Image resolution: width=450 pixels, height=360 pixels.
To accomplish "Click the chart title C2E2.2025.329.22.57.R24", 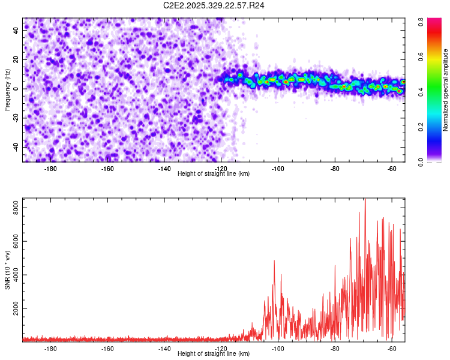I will (x=214, y=5).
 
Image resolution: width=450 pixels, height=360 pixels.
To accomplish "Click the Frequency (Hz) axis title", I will (x=7, y=89).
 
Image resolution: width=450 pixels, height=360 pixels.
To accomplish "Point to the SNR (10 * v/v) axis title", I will (x=7, y=269).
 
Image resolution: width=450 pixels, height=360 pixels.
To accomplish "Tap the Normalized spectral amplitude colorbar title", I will (x=445, y=90).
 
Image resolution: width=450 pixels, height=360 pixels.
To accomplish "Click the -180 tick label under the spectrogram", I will (x=50, y=169).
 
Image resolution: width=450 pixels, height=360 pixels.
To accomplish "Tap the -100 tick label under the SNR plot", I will (x=278, y=349).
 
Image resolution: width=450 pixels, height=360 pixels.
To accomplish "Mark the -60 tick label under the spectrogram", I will (x=392, y=169).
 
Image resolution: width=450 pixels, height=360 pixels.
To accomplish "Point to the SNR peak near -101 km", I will (x=274, y=261).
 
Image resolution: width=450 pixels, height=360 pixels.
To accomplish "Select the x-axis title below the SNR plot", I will (x=214, y=355).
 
